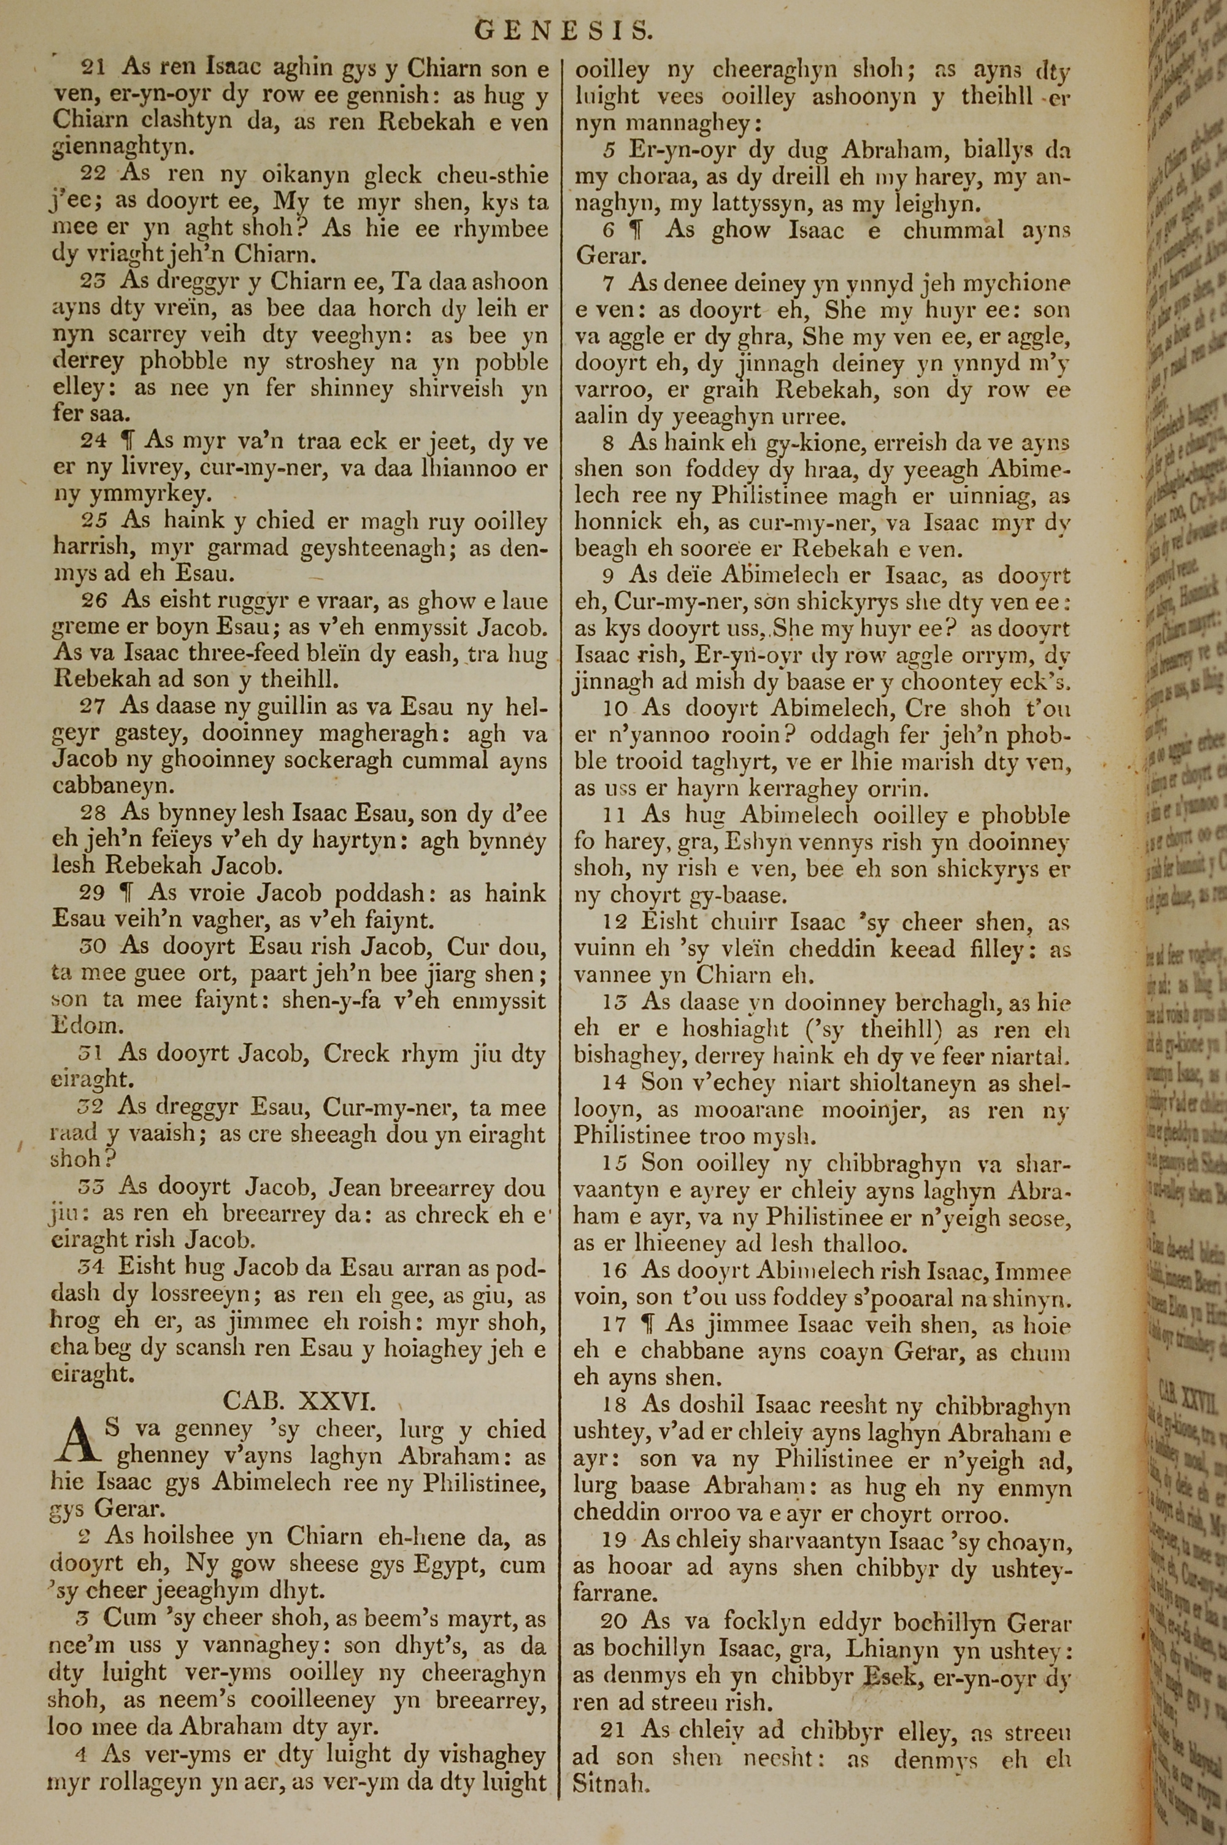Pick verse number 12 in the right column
[x=615, y=924]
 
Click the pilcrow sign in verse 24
[x=125, y=441]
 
